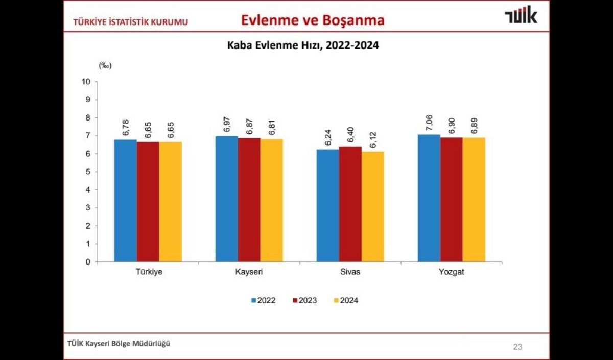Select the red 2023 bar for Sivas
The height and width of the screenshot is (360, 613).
350,204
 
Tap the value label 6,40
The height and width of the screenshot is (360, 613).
350,136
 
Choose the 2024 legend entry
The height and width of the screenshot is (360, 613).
345,300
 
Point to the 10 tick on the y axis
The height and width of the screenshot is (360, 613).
86,82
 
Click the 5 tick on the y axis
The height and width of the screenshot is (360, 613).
88,172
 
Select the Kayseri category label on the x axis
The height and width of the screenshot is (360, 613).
249,272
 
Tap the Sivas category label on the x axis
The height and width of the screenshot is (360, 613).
350,272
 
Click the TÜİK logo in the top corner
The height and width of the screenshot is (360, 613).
521,16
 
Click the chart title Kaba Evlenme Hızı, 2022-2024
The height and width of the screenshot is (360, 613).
303,45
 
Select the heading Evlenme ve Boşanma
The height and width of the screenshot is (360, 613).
313,20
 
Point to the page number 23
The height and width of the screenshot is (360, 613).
517,347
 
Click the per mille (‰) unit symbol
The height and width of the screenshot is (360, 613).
105,65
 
